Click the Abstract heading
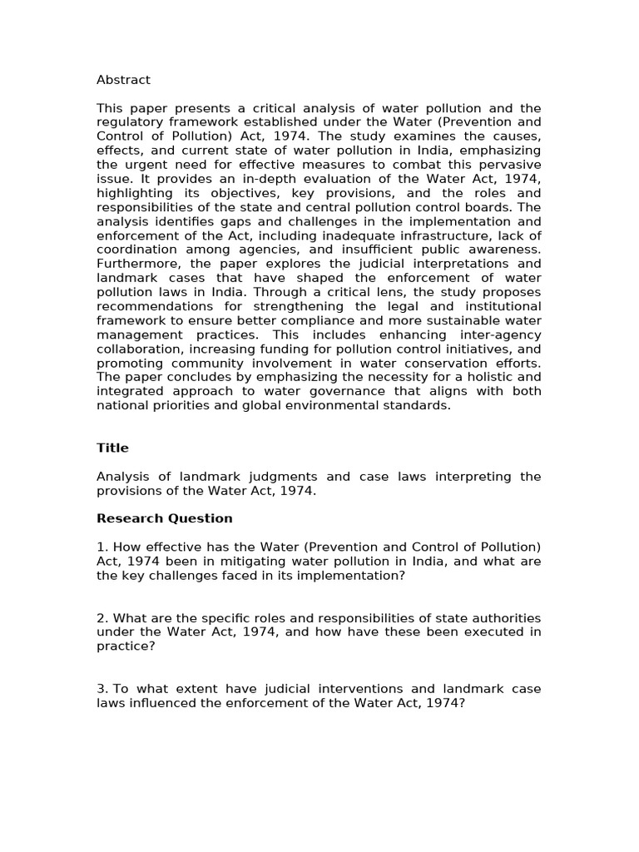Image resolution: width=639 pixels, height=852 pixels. [123, 80]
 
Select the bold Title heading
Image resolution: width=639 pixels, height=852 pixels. [112, 448]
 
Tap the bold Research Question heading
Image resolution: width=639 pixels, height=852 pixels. [164, 518]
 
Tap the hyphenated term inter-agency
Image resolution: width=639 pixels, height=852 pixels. [501, 334]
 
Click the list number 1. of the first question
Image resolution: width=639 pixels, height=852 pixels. [102, 547]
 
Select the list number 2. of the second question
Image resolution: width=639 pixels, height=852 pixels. [102, 617]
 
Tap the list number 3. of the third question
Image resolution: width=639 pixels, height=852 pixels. [102, 688]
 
